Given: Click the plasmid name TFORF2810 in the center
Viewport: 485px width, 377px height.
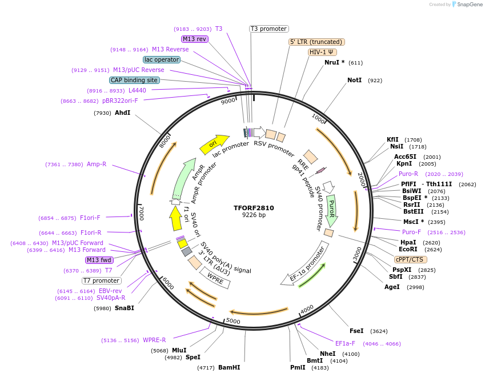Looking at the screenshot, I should [x=254, y=208].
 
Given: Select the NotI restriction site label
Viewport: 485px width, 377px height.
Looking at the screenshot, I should [x=354, y=81].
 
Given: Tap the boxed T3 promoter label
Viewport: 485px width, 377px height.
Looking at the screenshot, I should [x=269, y=29].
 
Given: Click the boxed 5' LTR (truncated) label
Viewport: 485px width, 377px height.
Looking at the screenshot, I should [x=316, y=42].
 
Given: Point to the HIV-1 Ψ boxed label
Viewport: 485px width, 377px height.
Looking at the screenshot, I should [x=322, y=52].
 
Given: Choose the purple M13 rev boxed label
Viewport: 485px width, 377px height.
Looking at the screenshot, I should [x=194, y=39].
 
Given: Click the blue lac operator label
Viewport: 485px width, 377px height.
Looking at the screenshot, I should [x=162, y=59].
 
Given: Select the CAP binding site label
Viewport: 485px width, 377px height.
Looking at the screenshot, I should [x=134, y=81].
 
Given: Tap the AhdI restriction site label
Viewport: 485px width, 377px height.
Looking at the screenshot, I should [x=122, y=113].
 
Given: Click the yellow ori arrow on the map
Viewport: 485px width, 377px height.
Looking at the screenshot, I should [x=214, y=144].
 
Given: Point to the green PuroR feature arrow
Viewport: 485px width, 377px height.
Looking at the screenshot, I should [x=331, y=209].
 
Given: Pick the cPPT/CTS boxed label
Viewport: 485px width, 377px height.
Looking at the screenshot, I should [x=409, y=259].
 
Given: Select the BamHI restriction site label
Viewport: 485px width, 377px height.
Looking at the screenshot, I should [x=229, y=368].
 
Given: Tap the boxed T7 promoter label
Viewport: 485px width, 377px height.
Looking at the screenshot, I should [x=102, y=280].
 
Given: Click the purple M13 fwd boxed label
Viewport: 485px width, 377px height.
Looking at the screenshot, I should [x=99, y=260].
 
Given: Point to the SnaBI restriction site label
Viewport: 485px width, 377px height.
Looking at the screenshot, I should [x=124, y=308].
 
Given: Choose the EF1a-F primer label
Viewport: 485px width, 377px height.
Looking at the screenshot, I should [x=345, y=344].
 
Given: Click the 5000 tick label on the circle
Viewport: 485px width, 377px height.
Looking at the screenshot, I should [x=233, y=321].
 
